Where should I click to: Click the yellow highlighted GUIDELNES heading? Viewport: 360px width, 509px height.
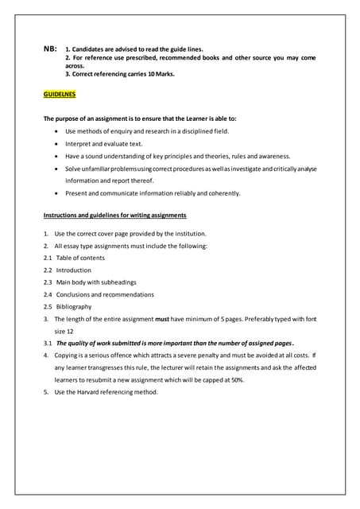tap(60, 94)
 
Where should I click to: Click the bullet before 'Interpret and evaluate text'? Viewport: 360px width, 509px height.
tap(56, 144)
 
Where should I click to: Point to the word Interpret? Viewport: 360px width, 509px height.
tap(79, 144)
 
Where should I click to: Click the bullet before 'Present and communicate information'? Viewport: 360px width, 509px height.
tap(56, 193)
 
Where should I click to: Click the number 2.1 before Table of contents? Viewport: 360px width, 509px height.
tap(48, 258)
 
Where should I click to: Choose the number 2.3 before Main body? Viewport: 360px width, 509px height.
tap(48, 282)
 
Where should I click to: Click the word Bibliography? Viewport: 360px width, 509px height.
tap(74, 306)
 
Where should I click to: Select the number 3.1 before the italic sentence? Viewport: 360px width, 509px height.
tap(48, 343)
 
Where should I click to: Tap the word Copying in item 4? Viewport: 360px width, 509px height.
tap(68, 355)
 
